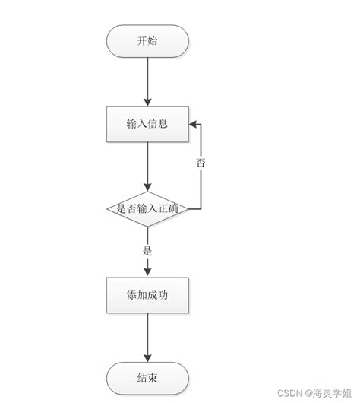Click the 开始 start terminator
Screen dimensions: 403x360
(x=147, y=41)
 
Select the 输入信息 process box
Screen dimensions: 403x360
(x=147, y=124)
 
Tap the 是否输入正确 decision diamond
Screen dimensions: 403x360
(x=147, y=207)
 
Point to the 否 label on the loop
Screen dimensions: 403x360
(x=201, y=163)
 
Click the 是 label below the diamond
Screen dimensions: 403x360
(x=147, y=249)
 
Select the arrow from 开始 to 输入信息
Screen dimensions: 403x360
(x=147, y=80)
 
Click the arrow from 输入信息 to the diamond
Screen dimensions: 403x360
(x=147, y=163)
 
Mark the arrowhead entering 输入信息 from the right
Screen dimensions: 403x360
(x=194, y=124)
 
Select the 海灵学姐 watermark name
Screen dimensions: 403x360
(x=334, y=393)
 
